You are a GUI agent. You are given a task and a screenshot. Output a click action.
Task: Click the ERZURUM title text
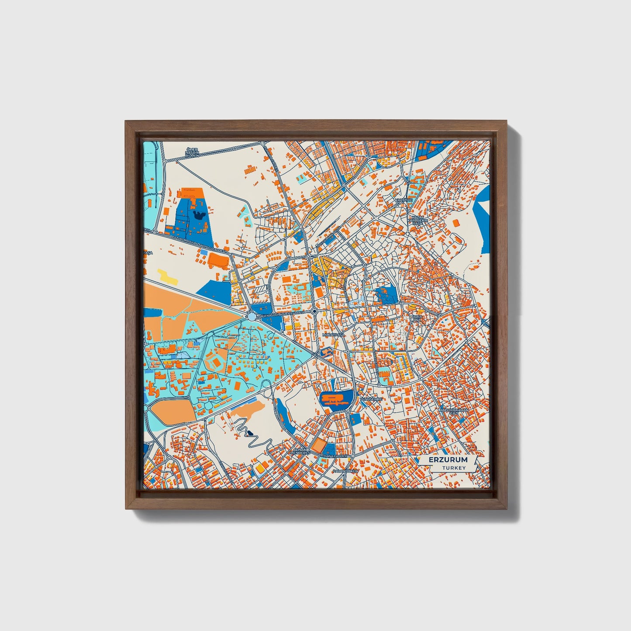tap(448, 460)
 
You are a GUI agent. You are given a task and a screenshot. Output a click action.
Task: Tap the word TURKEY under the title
tap(453, 468)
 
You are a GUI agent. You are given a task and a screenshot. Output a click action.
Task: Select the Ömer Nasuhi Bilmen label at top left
tap(192, 152)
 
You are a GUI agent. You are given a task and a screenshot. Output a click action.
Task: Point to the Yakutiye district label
tap(403, 200)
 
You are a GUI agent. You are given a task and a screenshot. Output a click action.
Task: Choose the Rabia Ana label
tap(417, 318)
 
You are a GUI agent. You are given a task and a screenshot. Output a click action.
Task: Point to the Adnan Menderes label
tap(301, 451)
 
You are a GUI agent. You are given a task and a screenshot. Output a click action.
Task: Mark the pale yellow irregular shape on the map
tap(168, 277)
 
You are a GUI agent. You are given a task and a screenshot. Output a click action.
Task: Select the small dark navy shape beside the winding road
tap(250, 433)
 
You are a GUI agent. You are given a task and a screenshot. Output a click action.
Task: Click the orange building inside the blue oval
tap(335, 399)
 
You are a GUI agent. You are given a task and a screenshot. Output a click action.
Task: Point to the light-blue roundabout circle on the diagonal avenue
tap(252, 316)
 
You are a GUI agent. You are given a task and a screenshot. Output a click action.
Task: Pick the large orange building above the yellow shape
tap(217, 260)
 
